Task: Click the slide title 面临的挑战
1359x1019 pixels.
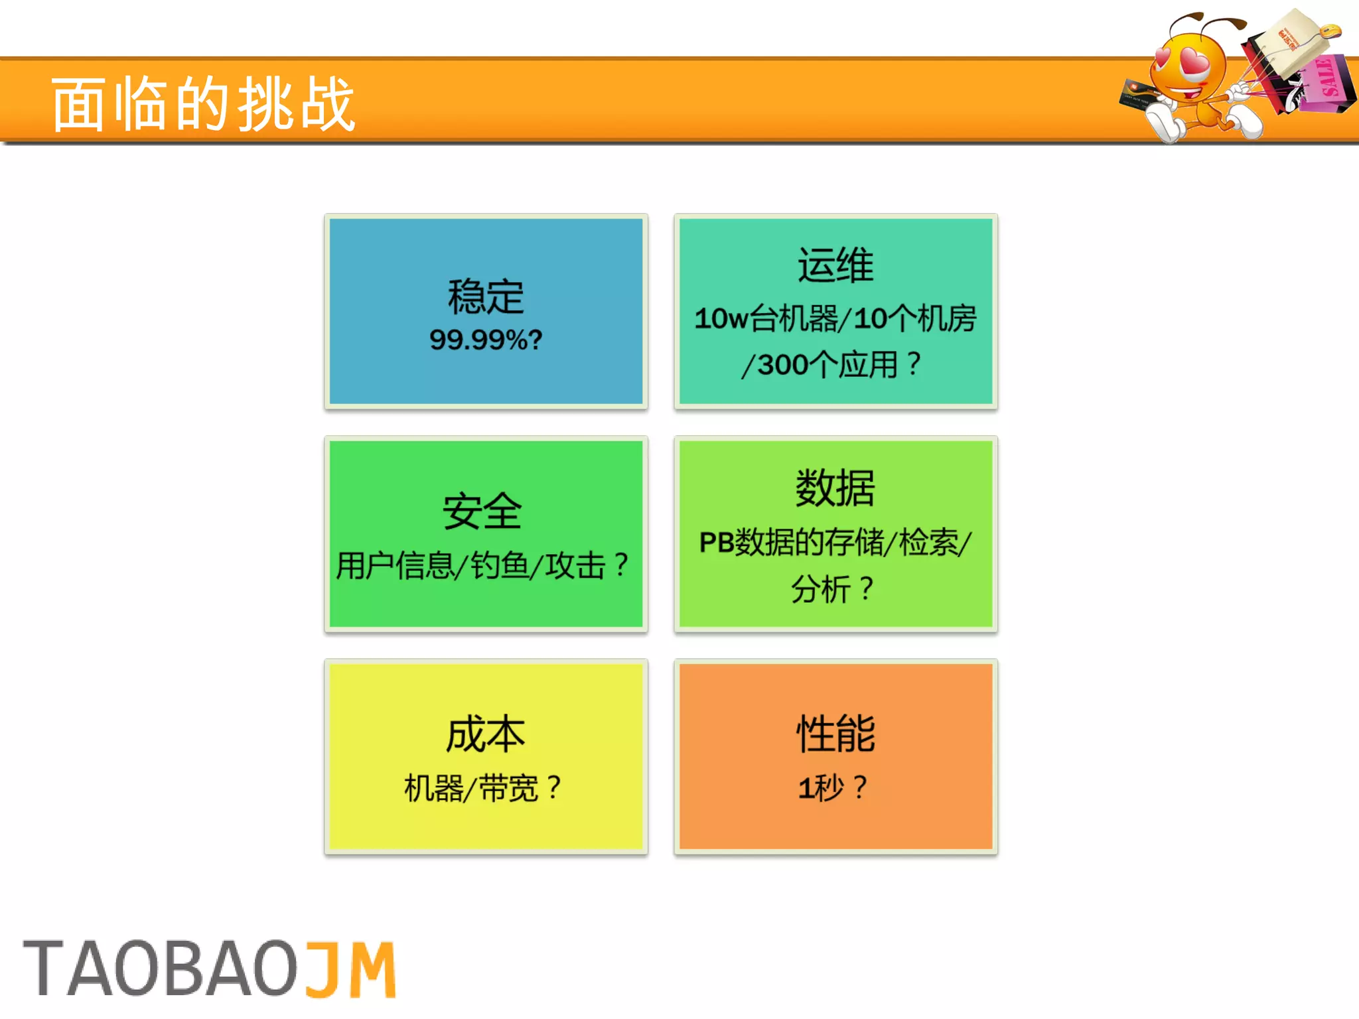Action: point(204,103)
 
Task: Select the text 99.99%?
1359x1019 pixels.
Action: point(486,340)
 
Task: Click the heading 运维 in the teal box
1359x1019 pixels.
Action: point(835,265)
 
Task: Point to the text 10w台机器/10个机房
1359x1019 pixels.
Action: point(835,318)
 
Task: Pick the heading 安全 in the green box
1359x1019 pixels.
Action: point(482,511)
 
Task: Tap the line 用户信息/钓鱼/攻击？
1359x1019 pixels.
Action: point(482,566)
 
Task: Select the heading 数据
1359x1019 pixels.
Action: point(835,488)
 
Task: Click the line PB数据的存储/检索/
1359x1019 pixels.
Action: point(835,542)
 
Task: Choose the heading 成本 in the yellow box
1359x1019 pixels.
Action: point(485,734)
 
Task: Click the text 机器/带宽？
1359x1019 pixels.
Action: point(482,788)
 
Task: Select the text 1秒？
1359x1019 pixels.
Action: point(832,787)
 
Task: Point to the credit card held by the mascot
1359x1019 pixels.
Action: point(1139,93)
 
